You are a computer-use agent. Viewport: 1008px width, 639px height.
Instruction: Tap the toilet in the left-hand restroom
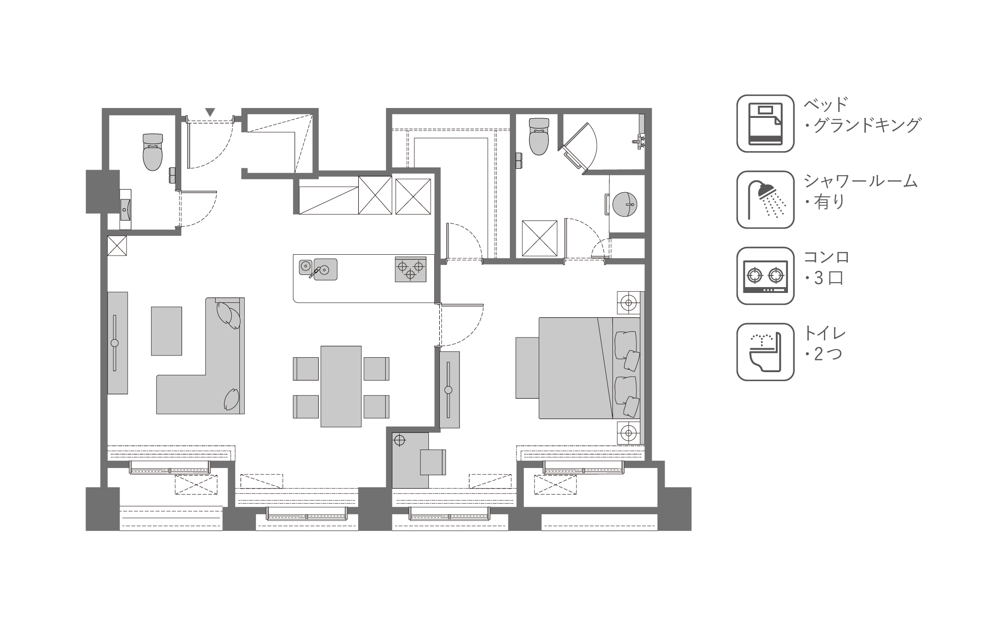[x=153, y=152]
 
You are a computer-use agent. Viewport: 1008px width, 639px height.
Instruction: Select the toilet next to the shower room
[x=539, y=136]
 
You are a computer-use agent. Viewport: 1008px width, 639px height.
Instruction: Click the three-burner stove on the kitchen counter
[x=410, y=269]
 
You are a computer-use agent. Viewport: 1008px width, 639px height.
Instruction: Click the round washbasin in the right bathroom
[x=625, y=204]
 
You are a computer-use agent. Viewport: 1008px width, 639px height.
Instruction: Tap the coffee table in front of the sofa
[x=166, y=331]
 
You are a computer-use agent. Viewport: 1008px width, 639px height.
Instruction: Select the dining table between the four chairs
[x=341, y=386]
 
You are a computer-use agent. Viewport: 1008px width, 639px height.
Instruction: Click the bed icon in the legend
[x=765, y=123]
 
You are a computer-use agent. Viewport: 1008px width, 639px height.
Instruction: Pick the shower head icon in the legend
[x=765, y=199]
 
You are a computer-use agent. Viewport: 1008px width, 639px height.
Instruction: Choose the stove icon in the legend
[x=765, y=275]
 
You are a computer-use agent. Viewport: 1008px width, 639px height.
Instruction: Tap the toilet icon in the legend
[x=765, y=352]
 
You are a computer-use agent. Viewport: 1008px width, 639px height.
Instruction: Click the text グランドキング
[x=866, y=125]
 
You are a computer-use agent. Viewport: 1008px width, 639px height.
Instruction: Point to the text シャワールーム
[x=860, y=180]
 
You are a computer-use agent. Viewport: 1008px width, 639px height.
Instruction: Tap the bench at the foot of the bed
[x=527, y=368]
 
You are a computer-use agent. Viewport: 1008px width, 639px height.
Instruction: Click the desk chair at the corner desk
[x=433, y=462]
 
